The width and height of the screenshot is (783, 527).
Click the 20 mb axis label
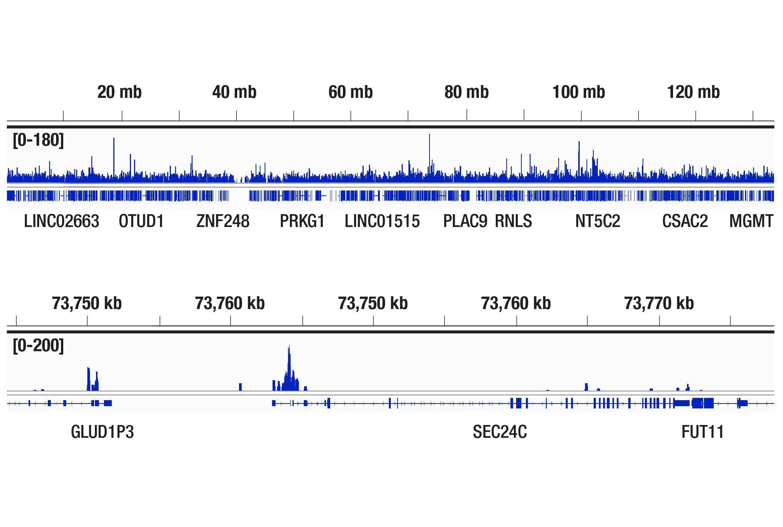click(119, 92)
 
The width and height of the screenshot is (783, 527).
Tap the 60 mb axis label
click(350, 92)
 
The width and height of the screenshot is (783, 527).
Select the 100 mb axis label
click(579, 92)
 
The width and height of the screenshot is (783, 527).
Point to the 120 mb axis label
click(693, 92)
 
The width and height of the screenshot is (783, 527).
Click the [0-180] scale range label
click(38, 140)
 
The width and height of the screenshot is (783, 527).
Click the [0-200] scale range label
click(38, 346)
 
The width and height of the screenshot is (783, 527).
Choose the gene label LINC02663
click(61, 221)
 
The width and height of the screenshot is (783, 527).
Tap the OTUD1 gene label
click(141, 221)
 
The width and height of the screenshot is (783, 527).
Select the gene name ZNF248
click(223, 221)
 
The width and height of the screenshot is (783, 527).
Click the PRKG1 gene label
click(302, 221)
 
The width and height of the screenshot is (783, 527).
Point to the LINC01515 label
click(382, 221)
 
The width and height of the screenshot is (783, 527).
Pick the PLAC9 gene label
click(465, 221)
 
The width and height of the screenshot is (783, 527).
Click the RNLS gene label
click(513, 221)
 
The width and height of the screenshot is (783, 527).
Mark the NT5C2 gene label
click(598, 221)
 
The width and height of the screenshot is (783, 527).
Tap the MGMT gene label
click(751, 221)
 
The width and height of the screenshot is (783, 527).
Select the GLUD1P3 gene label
click(102, 432)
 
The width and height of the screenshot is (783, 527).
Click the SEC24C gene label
click(500, 432)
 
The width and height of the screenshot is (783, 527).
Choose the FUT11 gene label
click(702, 432)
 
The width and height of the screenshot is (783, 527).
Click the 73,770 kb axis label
click(659, 303)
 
